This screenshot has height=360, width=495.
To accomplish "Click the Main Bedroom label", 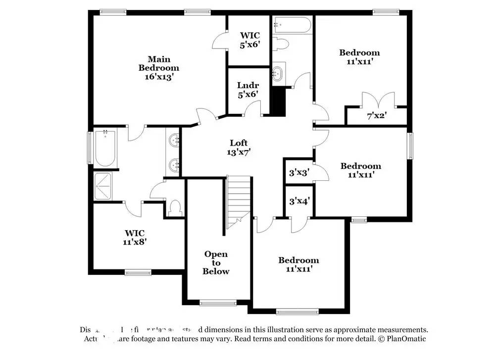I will [x=158, y=68].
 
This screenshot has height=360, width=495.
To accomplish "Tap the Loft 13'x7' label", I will [x=238, y=148].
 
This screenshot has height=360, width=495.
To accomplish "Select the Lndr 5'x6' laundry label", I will [x=248, y=90].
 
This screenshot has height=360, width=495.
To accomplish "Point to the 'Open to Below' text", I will [x=216, y=262].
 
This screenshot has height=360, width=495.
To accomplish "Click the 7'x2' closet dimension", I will [x=376, y=117].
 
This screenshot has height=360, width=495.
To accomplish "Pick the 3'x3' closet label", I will [x=299, y=173].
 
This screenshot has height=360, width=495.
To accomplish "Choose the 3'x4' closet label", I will [x=299, y=201].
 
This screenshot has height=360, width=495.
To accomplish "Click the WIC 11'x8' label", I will [x=135, y=237].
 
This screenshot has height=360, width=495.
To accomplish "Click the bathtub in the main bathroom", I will [x=105, y=148].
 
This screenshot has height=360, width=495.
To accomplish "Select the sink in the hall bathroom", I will [x=278, y=73].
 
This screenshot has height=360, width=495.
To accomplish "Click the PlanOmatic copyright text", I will [x=401, y=339].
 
